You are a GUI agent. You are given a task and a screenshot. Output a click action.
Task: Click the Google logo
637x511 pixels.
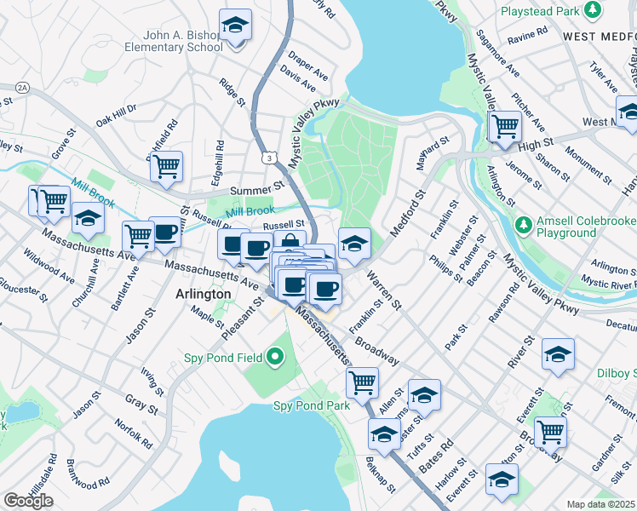pos(27,501)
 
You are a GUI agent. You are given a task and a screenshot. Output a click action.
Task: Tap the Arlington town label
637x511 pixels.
pos(203,294)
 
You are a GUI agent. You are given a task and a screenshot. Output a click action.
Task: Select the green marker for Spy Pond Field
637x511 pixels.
pos(275,357)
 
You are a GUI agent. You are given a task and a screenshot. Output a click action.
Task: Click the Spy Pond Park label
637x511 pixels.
pos(311,406)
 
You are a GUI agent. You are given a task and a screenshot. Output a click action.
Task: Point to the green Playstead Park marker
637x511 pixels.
pos(592,11)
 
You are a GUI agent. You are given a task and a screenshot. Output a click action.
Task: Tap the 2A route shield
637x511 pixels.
pos(21,87)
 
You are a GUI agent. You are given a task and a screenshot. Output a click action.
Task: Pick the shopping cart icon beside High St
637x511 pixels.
pos(506,126)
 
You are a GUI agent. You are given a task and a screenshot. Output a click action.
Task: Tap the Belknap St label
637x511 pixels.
pos(380,474)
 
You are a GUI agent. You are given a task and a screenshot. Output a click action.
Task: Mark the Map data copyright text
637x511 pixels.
pos(601,504)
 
